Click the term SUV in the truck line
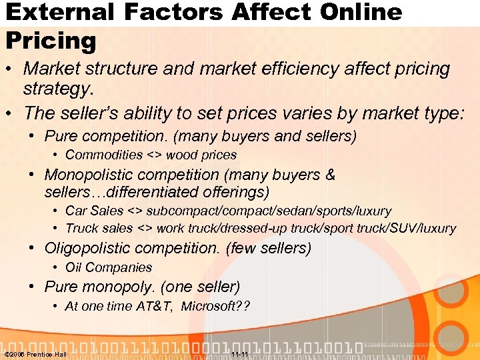point(399,229)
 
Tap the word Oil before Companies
point(73,267)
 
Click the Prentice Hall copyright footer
point(35,354)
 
